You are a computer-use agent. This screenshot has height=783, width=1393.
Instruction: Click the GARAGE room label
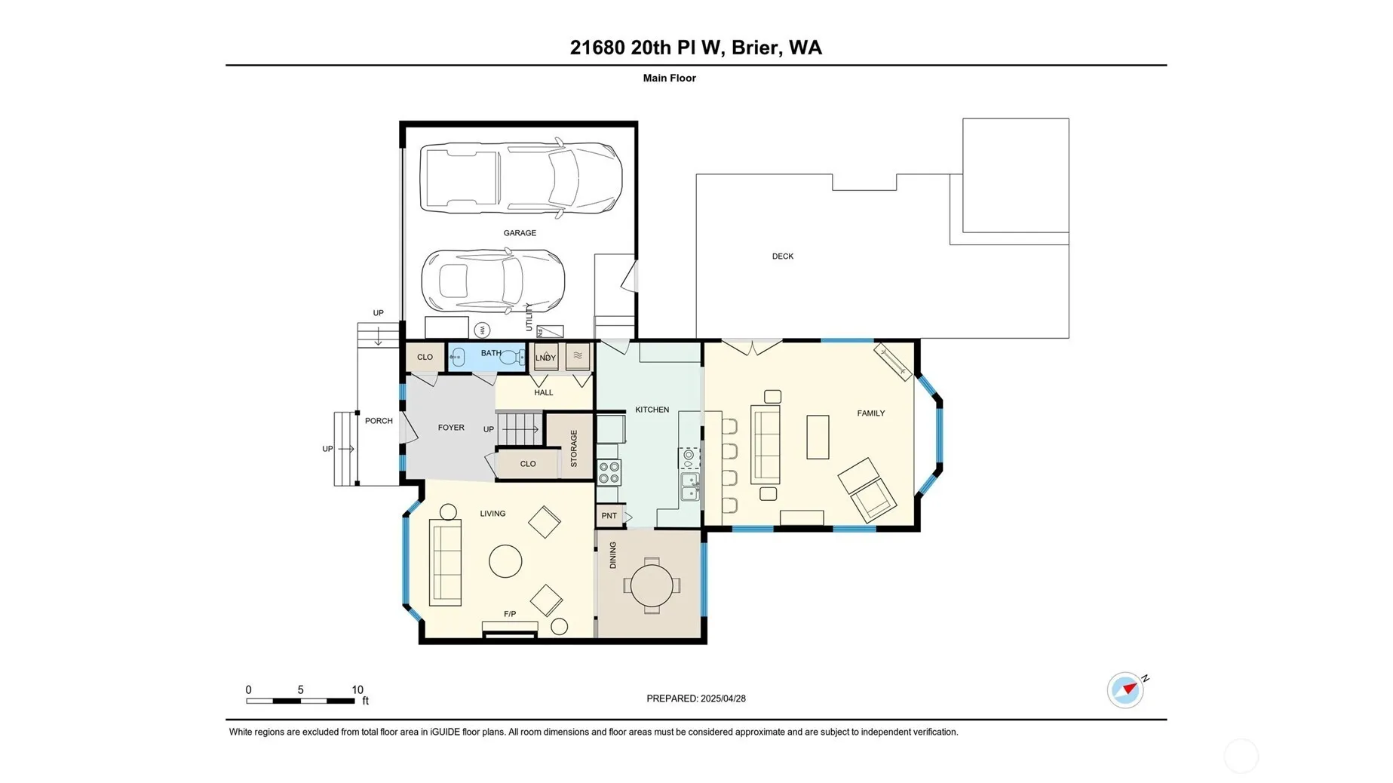tap(520, 233)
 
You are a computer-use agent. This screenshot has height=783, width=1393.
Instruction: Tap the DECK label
tap(782, 256)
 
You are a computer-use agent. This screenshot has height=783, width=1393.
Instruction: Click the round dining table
tap(652, 585)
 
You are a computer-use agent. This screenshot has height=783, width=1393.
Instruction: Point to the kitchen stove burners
tap(609, 473)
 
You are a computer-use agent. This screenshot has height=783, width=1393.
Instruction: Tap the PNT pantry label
tap(609, 516)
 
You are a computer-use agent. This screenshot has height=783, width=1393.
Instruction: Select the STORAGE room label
tap(574, 449)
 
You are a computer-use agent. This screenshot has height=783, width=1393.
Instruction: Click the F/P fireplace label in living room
tap(510, 614)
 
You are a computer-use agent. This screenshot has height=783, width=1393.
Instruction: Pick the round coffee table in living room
tap(505, 561)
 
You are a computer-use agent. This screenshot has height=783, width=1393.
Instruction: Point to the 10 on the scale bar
tap(357, 689)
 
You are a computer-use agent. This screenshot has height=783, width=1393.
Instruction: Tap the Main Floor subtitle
tap(669, 78)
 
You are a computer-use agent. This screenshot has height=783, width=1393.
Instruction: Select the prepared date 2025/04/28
tap(723, 699)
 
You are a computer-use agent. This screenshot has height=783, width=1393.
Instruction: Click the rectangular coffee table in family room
tap(818, 437)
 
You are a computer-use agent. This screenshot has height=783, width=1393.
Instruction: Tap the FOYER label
tap(451, 428)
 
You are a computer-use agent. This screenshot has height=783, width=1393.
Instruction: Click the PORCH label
tap(379, 421)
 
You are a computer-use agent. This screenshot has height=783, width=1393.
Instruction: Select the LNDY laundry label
tap(545, 358)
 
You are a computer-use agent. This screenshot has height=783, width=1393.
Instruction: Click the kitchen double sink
tap(689, 487)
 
